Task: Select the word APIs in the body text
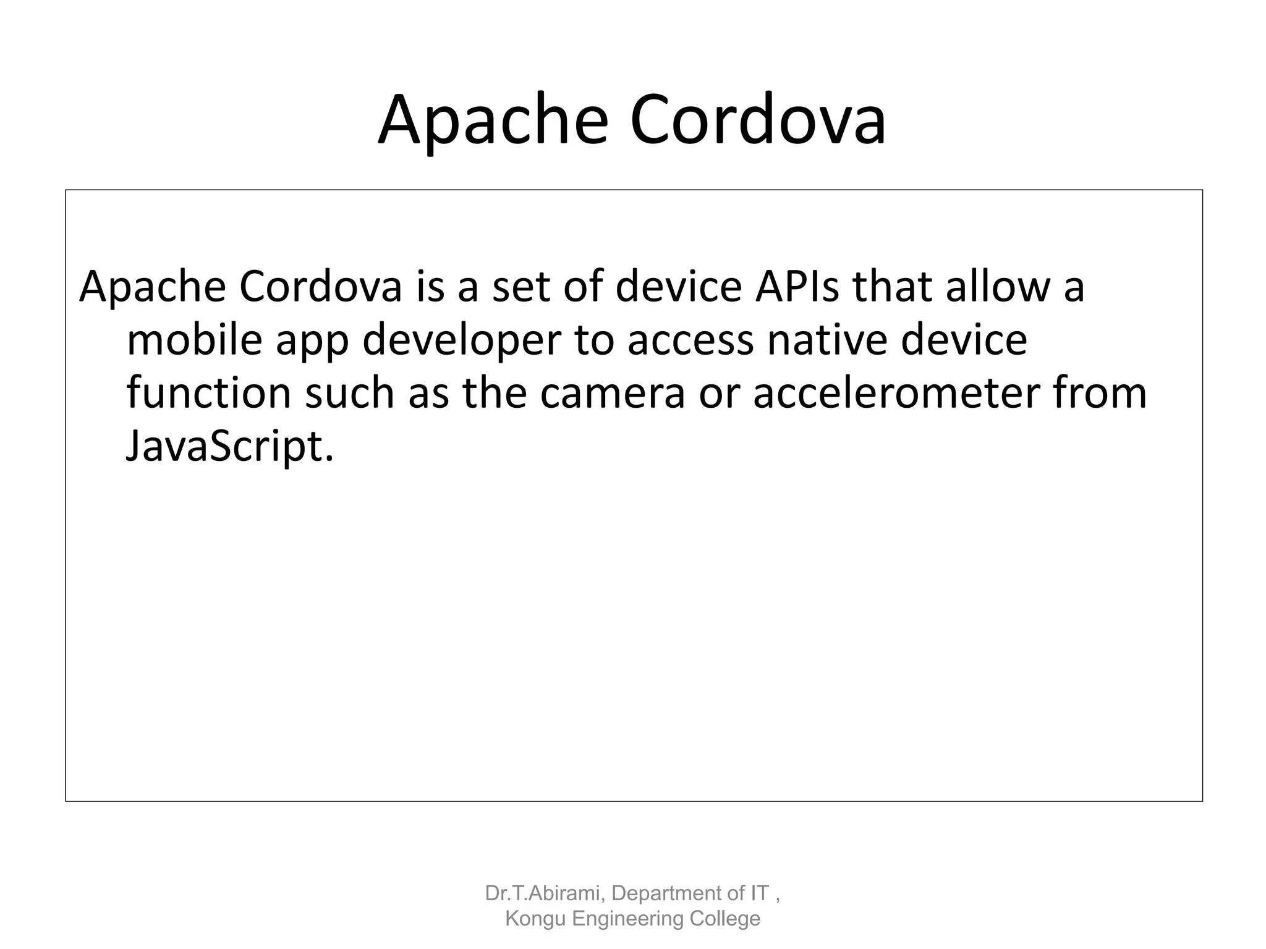[797, 287]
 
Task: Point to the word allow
[997, 287]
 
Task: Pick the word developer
[461, 342]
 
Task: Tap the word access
[690, 340]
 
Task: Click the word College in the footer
[725, 919]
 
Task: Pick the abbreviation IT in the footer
[760, 893]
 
